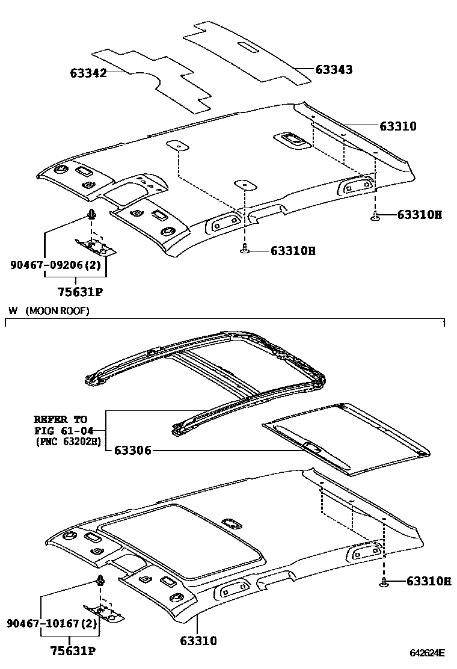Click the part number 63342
(x=88, y=73)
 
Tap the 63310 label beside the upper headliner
(x=397, y=126)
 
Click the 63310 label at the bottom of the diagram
(x=198, y=641)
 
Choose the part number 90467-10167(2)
(x=52, y=624)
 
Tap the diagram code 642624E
(x=428, y=653)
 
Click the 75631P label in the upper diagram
(x=75, y=293)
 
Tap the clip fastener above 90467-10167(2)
(x=100, y=580)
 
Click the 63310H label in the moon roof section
(x=428, y=581)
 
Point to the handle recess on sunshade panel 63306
(x=312, y=446)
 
